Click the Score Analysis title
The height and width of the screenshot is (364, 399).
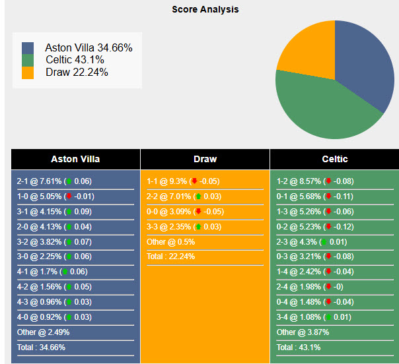coord(205,10)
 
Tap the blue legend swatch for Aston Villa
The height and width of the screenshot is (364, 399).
coord(28,48)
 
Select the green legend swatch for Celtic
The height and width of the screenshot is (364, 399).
coord(28,60)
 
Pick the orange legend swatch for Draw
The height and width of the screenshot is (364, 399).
coord(28,73)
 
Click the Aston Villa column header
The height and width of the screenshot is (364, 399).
coord(75,159)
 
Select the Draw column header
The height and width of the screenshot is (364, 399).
coord(205,159)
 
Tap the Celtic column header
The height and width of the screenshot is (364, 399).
coord(334,159)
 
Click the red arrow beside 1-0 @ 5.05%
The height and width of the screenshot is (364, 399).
coord(68,197)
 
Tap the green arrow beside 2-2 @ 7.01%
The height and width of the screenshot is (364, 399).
coord(198,197)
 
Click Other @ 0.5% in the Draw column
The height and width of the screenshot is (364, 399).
coord(170,242)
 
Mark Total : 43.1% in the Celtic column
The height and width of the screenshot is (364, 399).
coord(299,348)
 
